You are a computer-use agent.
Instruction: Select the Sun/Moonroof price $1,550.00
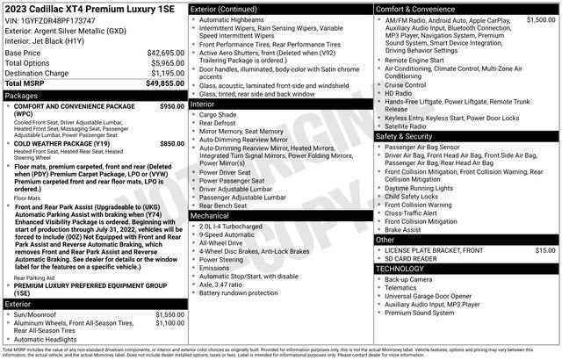[x=169, y=313]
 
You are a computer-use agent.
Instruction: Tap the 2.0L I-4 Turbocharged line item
[x=233, y=226]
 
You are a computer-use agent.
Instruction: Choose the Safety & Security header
[x=404, y=136]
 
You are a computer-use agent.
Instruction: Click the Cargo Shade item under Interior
[x=218, y=114]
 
